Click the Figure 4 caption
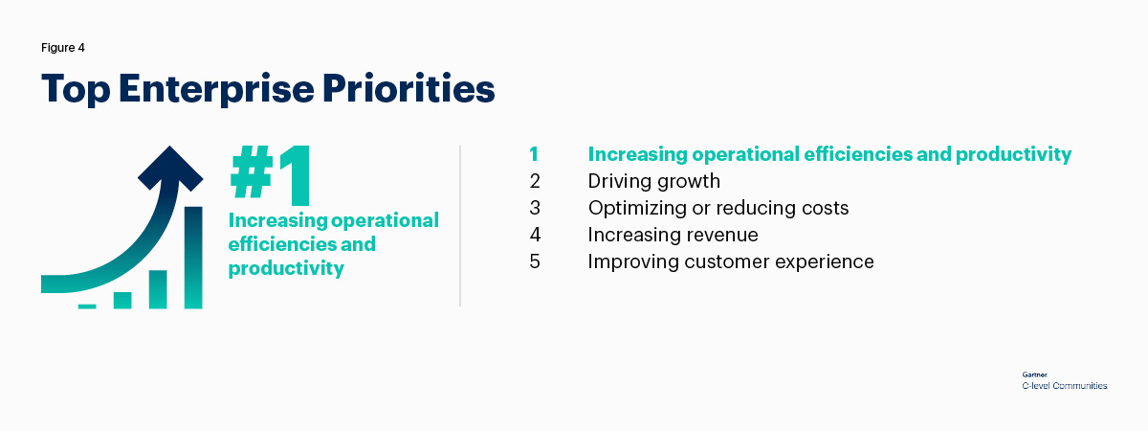62,48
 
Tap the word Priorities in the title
408,88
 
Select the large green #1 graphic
271,175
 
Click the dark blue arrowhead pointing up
170,168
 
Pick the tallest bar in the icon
193,258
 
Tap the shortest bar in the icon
87,306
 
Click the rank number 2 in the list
535,181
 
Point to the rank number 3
535,208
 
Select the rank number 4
535,235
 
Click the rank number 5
535,261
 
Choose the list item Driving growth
654,182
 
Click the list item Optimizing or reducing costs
718,209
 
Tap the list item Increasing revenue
673,235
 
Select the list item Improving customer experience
731,261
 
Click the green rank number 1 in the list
534,154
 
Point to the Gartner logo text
1035,375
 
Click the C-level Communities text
1065,386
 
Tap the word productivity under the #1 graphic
286,268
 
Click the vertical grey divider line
460,226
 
